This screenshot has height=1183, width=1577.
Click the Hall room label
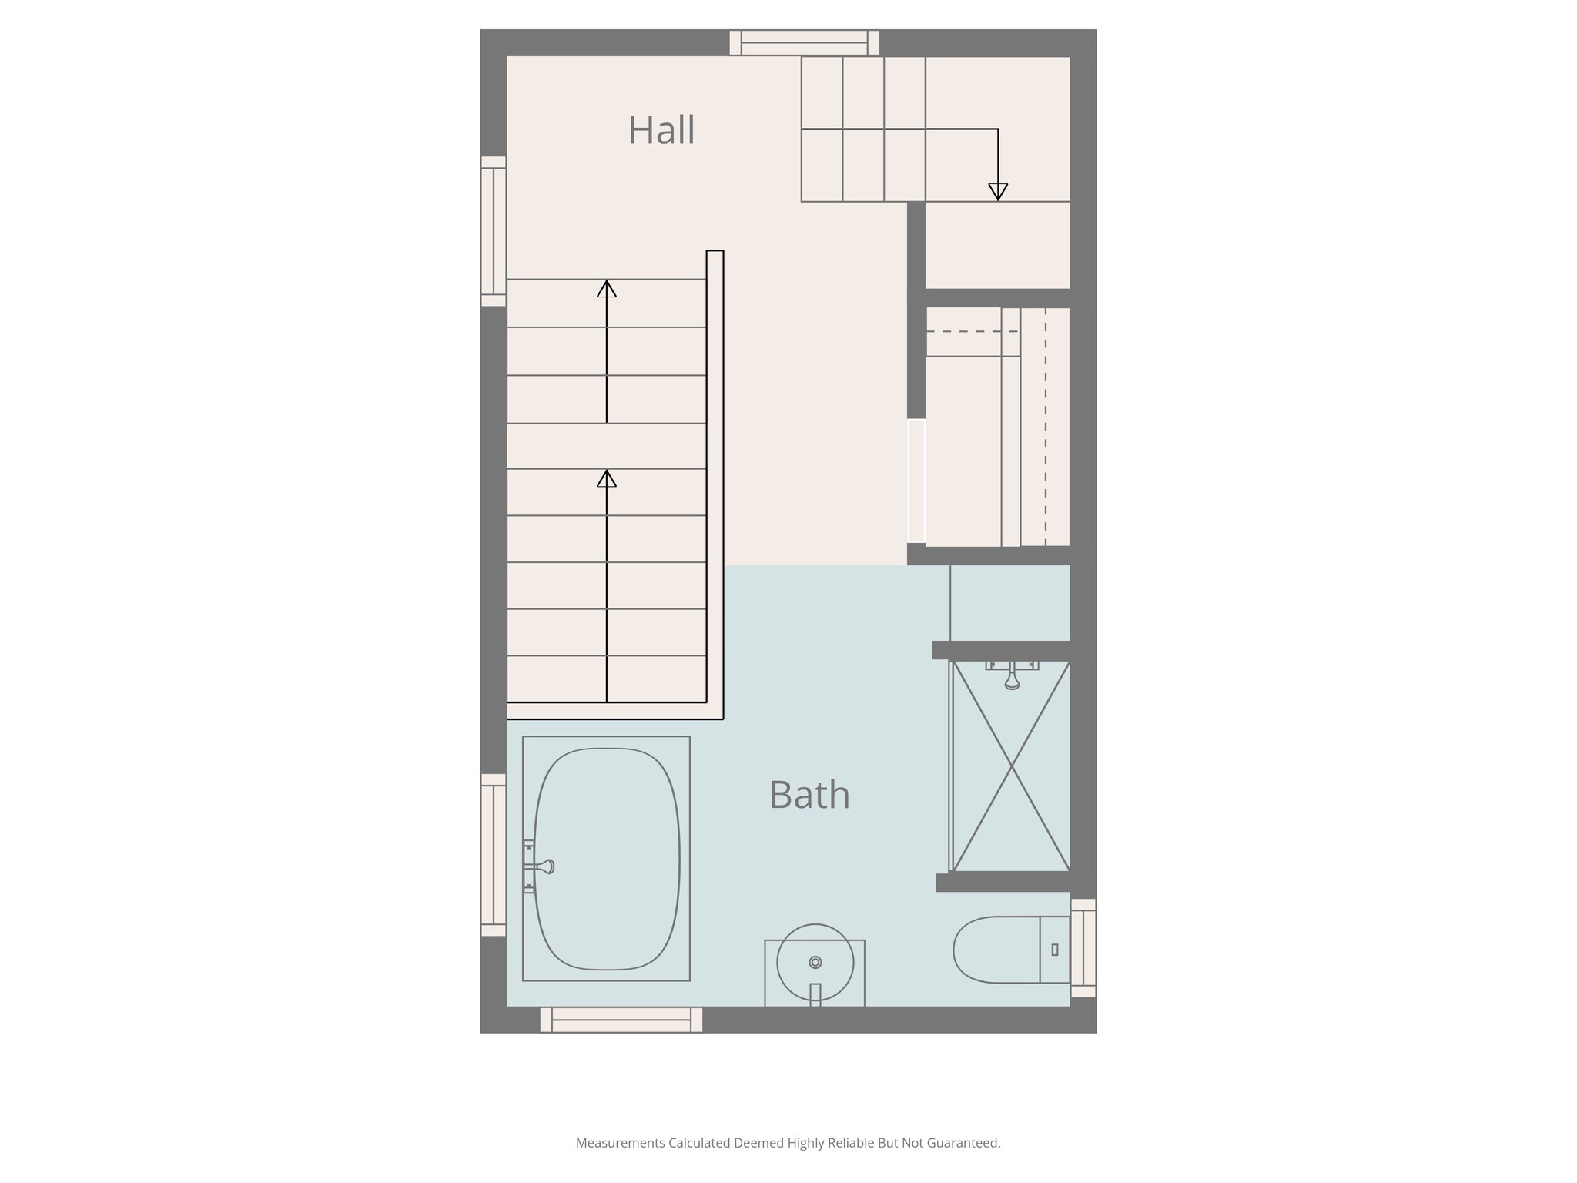point(661,130)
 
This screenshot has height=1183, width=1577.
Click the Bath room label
point(809,795)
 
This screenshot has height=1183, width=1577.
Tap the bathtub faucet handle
point(544,866)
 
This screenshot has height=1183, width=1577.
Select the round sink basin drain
point(815,962)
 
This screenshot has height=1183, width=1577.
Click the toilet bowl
point(996,950)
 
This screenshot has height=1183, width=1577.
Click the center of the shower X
point(1011,766)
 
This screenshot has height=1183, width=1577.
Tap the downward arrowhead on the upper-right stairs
point(998,192)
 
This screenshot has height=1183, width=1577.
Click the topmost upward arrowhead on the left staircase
point(607,289)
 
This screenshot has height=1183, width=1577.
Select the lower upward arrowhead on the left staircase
point(607,478)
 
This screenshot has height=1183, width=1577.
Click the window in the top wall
point(804,42)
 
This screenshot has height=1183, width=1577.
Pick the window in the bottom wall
point(621,1020)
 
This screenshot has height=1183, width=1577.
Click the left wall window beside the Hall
point(494,231)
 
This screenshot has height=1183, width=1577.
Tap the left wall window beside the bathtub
point(494,854)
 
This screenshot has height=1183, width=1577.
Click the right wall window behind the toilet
point(1083,948)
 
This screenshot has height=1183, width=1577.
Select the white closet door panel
point(916,481)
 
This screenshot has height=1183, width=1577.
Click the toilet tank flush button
point(1055,950)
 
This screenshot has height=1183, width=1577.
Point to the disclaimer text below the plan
point(788,1143)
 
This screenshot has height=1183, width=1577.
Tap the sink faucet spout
point(815,994)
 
